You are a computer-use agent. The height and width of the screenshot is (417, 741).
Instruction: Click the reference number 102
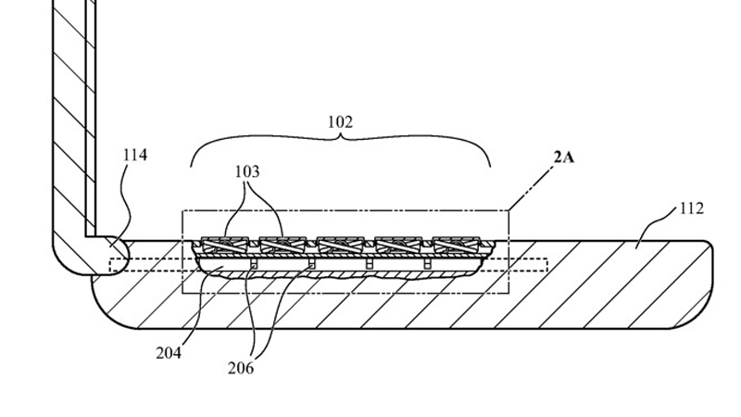(x=341, y=122)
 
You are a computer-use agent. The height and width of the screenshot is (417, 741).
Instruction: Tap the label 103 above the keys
(x=247, y=171)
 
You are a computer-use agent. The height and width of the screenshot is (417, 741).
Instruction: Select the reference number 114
(x=135, y=155)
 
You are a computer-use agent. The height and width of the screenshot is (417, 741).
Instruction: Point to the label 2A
(x=563, y=158)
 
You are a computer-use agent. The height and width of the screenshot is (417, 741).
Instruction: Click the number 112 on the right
(x=691, y=208)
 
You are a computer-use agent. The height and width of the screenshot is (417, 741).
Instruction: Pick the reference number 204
(x=169, y=352)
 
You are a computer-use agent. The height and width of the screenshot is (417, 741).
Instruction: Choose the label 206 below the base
(x=241, y=368)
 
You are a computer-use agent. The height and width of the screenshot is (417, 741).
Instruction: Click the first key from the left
(x=226, y=246)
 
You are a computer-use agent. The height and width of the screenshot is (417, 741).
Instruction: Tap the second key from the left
(x=283, y=246)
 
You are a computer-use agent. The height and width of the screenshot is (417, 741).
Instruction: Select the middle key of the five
(x=342, y=246)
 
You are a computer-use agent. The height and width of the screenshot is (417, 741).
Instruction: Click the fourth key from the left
(x=399, y=246)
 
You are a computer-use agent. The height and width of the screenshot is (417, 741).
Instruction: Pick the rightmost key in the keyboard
(x=457, y=246)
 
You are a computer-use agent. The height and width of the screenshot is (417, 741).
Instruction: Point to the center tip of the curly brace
(x=341, y=138)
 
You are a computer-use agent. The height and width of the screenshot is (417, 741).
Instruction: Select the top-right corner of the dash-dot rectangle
(x=508, y=211)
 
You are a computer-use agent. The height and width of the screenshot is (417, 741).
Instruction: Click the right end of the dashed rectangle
(x=547, y=264)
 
